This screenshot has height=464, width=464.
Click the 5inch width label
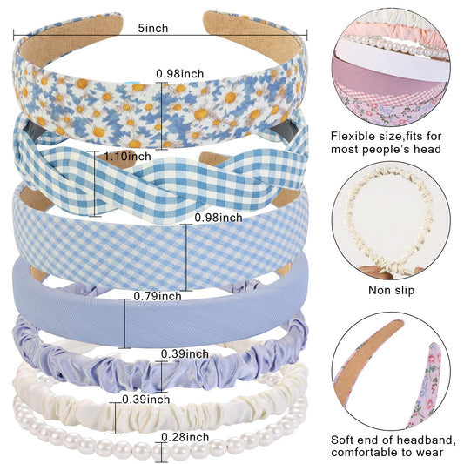[153, 28]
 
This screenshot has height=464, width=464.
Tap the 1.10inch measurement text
[128, 156]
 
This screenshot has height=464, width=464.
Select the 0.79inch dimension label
[158, 296]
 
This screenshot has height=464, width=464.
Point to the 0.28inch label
[185, 437]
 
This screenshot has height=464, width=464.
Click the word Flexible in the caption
[353, 137]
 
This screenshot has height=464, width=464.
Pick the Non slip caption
[391, 290]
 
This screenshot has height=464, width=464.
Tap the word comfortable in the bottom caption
[366, 452]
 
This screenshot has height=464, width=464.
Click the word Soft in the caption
[342, 440]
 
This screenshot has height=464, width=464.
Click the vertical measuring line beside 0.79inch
[124, 324]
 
